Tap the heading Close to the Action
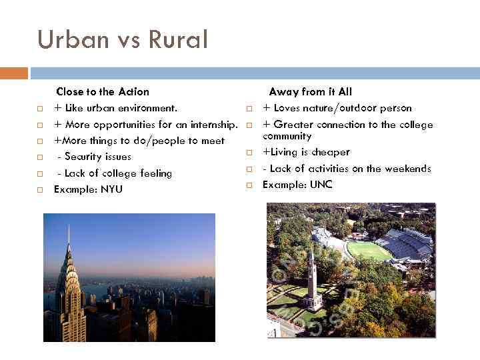103,91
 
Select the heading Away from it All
310,91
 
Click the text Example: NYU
88,189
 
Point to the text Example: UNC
297,185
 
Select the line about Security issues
94,157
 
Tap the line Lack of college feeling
115,173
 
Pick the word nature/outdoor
339,108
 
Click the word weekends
409,169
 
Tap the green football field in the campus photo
369,251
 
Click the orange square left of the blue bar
13,73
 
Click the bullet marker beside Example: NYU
40,190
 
